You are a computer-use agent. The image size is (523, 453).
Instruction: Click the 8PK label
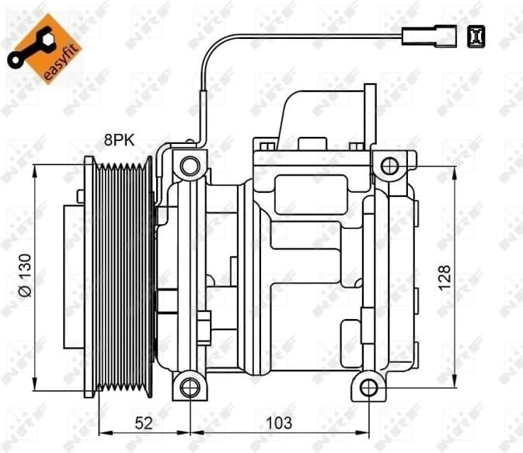pyautogui.click(x=120, y=141)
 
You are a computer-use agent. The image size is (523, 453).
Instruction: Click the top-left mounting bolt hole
pyautogui.click(x=189, y=165)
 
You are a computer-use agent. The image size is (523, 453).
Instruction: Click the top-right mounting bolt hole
pyautogui.click(x=389, y=165)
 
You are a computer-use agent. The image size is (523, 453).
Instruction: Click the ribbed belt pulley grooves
pyautogui.click(x=122, y=276)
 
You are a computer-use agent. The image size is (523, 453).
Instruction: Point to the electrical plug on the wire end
pyautogui.click(x=424, y=34)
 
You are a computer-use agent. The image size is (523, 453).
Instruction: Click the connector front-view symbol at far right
pyautogui.click(x=474, y=34)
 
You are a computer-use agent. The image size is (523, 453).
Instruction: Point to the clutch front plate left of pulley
pyautogui.click(x=75, y=276)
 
